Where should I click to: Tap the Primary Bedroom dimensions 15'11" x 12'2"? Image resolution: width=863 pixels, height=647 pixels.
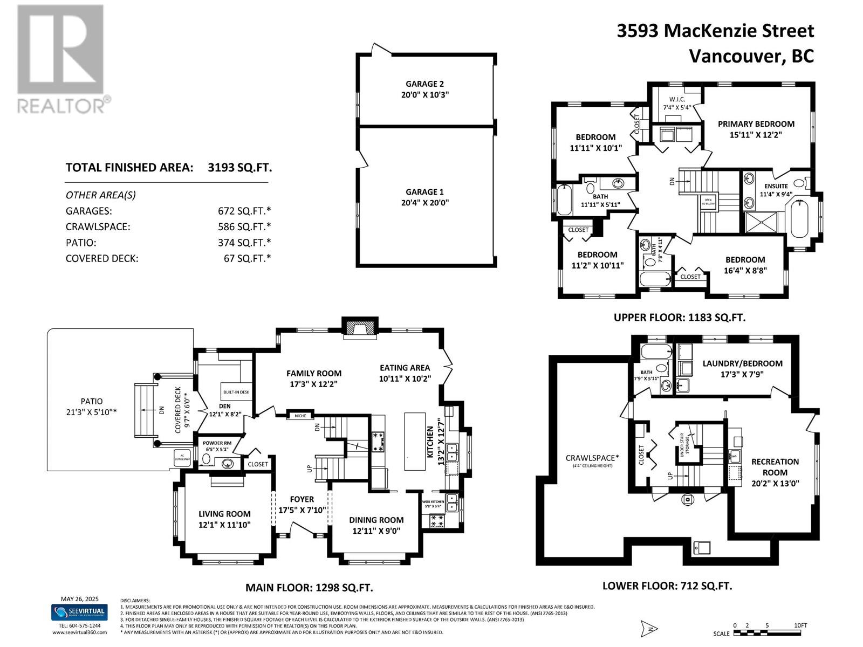coord(756,135)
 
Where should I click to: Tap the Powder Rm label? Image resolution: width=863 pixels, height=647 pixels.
coord(217,443)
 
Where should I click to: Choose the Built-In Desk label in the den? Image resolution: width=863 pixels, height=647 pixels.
coord(236,392)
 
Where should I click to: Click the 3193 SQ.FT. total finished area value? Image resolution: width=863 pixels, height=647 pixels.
coord(240,167)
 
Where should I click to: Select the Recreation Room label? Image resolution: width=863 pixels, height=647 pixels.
coord(775,467)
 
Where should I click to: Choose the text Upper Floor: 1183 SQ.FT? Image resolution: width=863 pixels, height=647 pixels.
coord(679,318)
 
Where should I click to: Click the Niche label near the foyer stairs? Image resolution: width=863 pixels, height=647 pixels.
coord(300,416)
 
